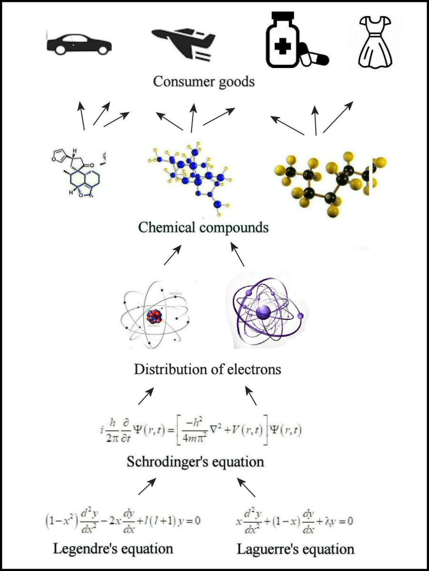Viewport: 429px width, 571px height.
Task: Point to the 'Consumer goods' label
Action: point(204,81)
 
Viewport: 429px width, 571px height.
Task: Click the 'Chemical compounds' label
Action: point(204,227)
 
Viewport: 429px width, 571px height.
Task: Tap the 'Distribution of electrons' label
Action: point(207,369)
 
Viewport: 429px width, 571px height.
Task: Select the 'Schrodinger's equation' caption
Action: point(195,462)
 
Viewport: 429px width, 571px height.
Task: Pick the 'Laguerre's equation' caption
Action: point(295,550)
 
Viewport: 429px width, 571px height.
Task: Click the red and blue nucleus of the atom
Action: point(154,316)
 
